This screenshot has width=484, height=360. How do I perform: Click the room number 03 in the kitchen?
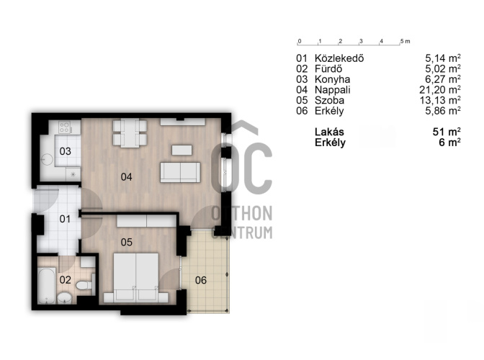(x=65, y=151)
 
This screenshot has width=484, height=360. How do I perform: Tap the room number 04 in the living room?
(x=127, y=177)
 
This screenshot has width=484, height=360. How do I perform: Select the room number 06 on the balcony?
(x=201, y=280)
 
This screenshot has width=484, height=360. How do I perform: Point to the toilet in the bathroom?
(x=85, y=284)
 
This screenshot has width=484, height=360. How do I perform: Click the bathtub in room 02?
(x=47, y=286)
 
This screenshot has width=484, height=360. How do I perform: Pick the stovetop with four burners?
(x=65, y=127)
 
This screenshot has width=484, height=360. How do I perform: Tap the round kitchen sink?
(x=47, y=160)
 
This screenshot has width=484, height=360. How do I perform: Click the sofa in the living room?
(x=180, y=172)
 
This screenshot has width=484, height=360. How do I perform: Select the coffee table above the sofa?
(x=181, y=150)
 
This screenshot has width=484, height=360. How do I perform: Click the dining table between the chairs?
(x=130, y=133)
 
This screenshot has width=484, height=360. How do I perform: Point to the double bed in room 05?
(x=136, y=278)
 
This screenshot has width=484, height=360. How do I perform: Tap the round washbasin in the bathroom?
(x=65, y=297)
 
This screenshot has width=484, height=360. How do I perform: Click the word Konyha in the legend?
(x=332, y=79)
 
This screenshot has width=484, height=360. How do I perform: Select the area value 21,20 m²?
(x=440, y=90)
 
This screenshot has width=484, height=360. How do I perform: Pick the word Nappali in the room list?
(x=333, y=90)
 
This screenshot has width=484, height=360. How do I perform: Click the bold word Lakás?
(x=329, y=132)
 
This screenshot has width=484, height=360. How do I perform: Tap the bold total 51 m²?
(x=447, y=132)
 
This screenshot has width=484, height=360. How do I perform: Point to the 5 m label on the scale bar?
(x=405, y=41)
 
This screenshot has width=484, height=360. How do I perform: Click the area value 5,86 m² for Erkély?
(x=443, y=111)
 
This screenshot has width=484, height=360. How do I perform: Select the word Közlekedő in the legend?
(x=339, y=58)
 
